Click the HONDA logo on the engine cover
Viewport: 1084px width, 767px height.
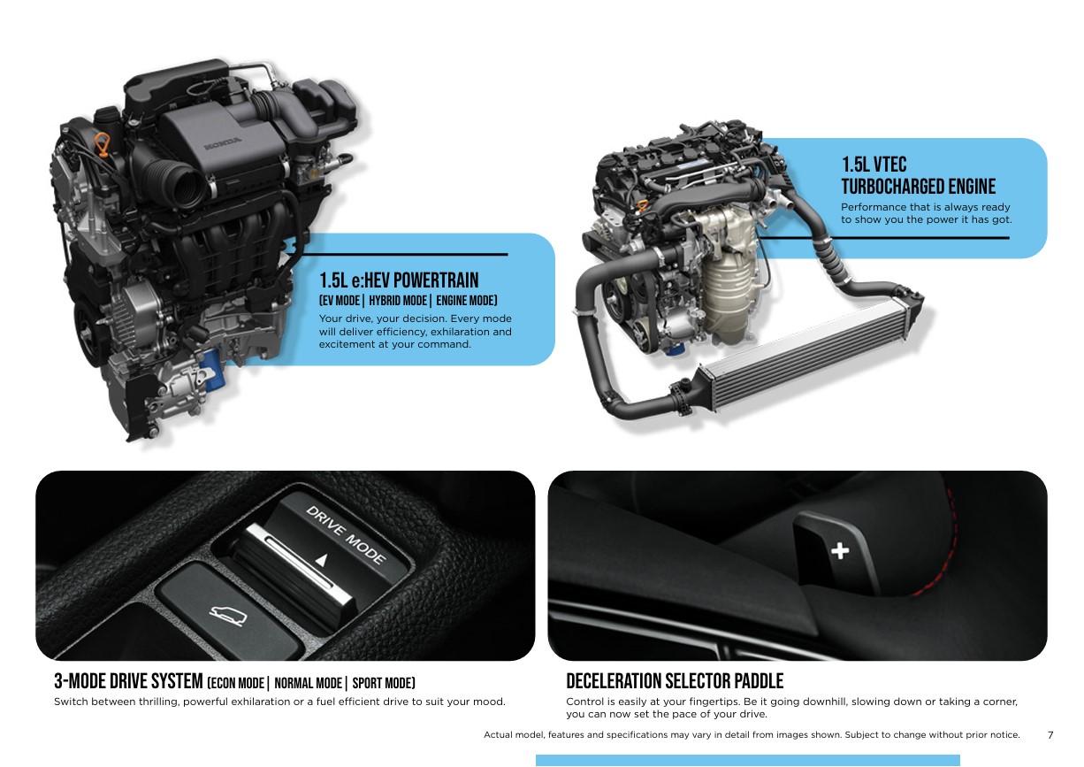223,142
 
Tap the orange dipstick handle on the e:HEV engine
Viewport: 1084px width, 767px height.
102,145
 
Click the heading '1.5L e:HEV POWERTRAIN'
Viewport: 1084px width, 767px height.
399,280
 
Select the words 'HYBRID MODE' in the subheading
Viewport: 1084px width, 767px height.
398,301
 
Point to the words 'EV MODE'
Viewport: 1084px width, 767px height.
341,301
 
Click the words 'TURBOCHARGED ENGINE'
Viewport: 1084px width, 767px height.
918,187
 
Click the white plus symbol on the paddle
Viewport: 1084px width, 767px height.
840,550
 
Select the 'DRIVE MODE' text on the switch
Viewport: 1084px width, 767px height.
346,534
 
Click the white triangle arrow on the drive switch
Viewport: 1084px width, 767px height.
322,560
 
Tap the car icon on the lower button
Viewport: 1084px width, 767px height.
228,615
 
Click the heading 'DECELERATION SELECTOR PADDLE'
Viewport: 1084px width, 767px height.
675,681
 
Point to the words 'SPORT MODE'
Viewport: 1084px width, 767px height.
382,683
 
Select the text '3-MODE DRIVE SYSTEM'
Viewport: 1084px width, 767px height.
128,681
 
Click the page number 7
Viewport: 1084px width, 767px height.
1050,735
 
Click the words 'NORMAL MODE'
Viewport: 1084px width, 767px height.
308,683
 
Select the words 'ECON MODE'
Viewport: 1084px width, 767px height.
238,683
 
